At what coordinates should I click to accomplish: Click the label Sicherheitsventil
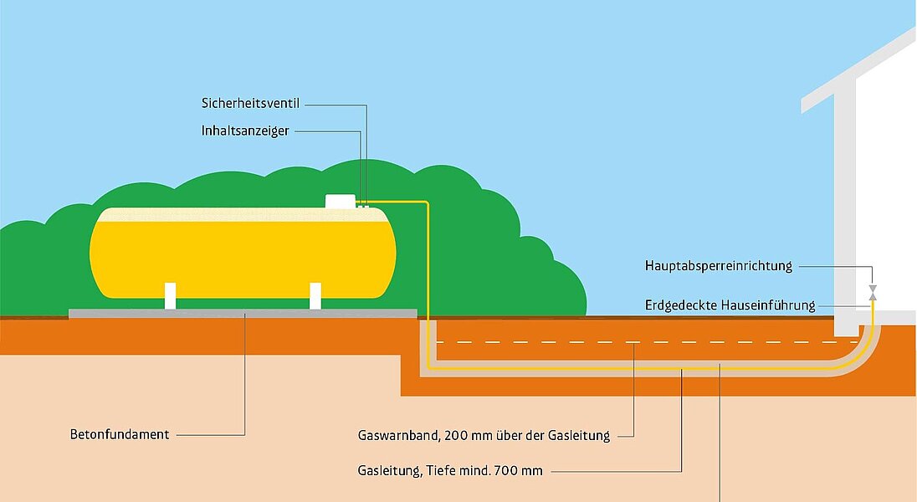coord(250,105)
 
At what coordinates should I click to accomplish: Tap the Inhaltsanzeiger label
coord(245,131)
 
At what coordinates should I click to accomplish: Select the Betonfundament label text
coord(120,435)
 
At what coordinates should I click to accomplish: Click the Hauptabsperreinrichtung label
coord(718,266)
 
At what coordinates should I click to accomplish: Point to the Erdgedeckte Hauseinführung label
coord(730,305)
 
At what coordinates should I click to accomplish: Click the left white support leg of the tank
coord(170,295)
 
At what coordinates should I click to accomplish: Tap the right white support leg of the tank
coord(315,295)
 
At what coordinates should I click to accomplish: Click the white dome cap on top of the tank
coord(340,202)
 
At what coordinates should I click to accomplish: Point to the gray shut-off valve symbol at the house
coord(873,291)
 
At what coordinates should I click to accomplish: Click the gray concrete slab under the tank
coord(243,313)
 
